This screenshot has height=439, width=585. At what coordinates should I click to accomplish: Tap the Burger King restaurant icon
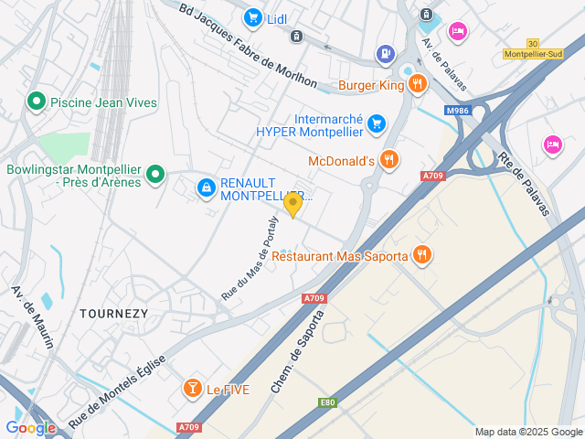coord(418,85)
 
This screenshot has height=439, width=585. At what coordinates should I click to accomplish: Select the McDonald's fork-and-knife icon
coord(389,160)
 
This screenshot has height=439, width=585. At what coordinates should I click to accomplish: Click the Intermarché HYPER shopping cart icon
coord(376,123)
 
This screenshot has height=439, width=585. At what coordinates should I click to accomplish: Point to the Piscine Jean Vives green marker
coord(37,102)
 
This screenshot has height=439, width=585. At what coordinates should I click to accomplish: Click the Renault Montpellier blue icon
coord(207,188)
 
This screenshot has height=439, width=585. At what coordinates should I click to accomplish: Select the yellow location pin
coord(292,204)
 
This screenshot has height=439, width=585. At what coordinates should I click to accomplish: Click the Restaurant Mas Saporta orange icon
coord(421,255)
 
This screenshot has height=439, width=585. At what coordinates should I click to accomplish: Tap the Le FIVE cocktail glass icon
coord(192,389)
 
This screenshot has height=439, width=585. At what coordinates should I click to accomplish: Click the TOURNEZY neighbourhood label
coord(113,313)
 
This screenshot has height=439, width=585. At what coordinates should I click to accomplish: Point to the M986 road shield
coord(459,111)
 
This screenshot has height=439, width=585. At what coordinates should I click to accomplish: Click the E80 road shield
coord(327,402)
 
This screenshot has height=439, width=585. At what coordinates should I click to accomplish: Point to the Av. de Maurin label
coord(32,316)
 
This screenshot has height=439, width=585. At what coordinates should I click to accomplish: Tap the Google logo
coord(30,427)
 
